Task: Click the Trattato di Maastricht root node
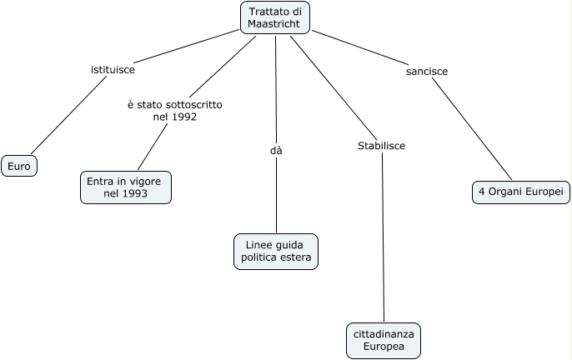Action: point(275,17)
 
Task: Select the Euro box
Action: point(19,167)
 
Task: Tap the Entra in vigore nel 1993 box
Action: point(126,187)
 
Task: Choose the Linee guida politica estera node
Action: point(276,251)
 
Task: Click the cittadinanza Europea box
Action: point(384,340)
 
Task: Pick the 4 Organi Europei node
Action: point(520,191)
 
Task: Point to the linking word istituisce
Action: point(113,71)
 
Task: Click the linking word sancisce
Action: point(427,72)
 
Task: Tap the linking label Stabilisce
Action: point(381,146)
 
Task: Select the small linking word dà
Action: point(276,151)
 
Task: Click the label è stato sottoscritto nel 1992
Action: point(174,111)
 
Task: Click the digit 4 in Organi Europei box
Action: point(481,191)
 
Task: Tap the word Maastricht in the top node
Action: point(275,24)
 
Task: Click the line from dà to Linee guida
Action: point(276,196)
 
